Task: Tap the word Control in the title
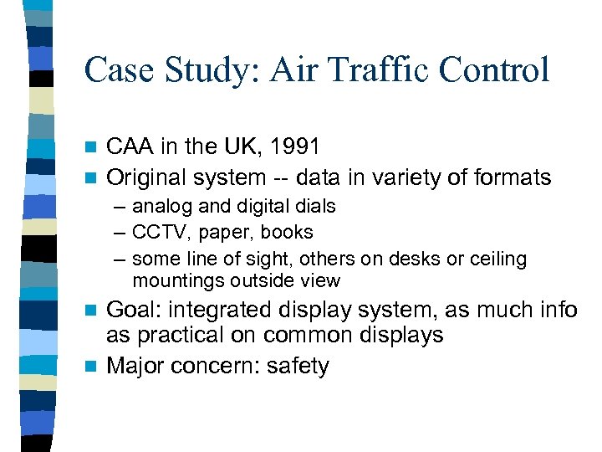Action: (x=496, y=69)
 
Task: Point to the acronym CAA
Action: (x=130, y=147)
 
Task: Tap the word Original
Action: (x=147, y=177)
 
